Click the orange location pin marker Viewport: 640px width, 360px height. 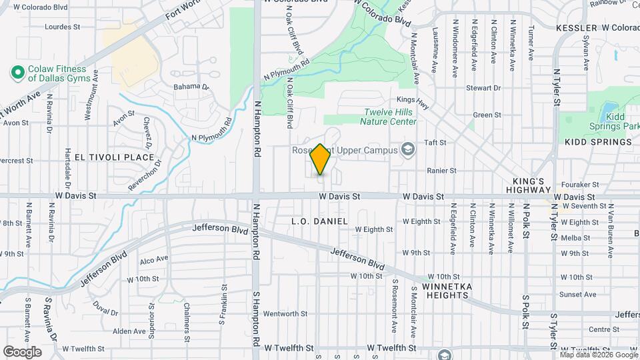click(x=321, y=159)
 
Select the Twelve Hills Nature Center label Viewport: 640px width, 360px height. click(x=389, y=117)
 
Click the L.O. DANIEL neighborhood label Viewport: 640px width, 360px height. click(x=320, y=221)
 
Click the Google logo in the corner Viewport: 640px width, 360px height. click(x=22, y=351)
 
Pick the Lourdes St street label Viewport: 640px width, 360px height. click(x=62, y=27)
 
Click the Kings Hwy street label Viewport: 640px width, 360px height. click(x=429, y=100)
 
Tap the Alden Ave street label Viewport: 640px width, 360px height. click(x=129, y=331)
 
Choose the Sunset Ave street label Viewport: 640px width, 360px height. click(x=577, y=294)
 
